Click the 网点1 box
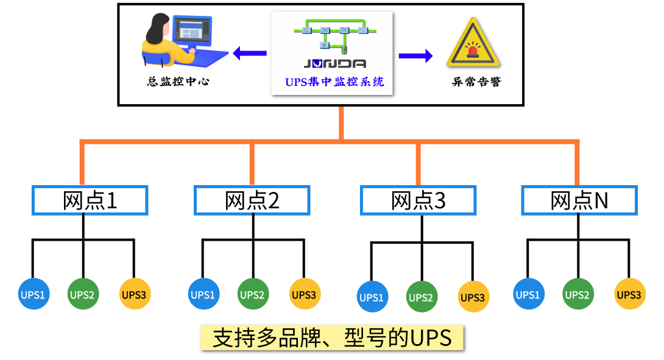90,200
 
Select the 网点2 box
252,200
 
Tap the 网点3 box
418,200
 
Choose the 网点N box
579,200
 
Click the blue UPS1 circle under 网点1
34,295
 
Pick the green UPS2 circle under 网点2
252,295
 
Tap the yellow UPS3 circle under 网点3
473,297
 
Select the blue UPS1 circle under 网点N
528,295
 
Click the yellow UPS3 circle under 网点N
629,295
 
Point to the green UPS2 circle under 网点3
420,297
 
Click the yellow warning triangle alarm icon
473,43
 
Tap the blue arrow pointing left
250,54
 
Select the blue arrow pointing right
415,56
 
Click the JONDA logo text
334,63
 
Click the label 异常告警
476,82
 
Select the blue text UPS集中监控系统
334,82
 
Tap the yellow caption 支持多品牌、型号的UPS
332,337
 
